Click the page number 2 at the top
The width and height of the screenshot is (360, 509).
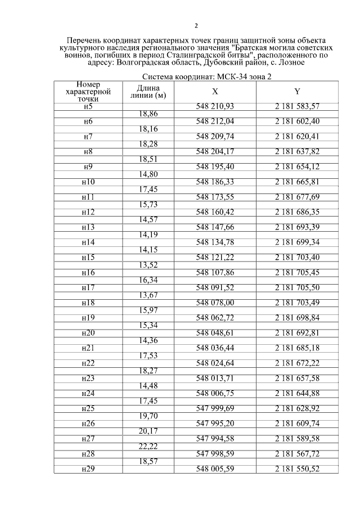pyautogui.click(x=196, y=26)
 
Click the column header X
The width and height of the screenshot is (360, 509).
pyautogui.click(x=215, y=92)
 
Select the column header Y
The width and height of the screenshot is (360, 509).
pyautogui.click(x=297, y=92)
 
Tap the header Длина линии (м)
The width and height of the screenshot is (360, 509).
pyautogui.click(x=148, y=92)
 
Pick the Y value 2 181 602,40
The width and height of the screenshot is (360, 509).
pyautogui.click(x=297, y=121)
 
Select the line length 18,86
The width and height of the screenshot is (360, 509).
pyautogui.click(x=148, y=114)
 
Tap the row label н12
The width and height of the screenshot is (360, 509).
pyautogui.click(x=88, y=213)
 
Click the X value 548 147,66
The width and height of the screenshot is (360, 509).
pyautogui.click(x=215, y=228)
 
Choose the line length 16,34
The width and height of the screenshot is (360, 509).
pyautogui.click(x=148, y=280)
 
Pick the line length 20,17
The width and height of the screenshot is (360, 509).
pyautogui.click(x=148, y=430)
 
